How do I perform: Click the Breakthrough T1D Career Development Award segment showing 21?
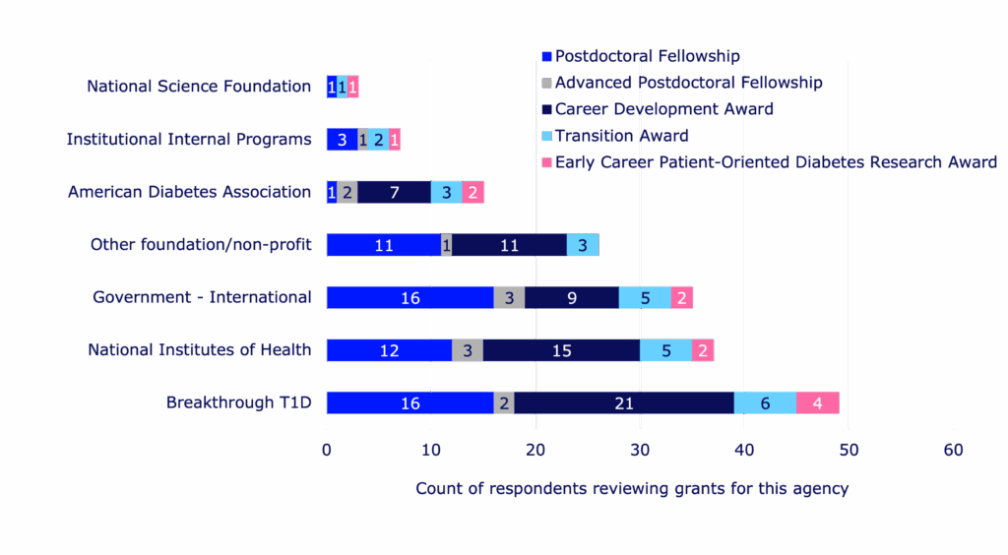(x=623, y=402)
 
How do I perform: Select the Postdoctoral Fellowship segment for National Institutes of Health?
(x=389, y=350)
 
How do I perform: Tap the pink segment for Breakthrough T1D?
(x=817, y=402)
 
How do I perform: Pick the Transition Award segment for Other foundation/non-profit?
(x=582, y=245)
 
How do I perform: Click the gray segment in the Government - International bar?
(x=509, y=297)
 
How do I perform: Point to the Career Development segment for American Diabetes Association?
(x=394, y=192)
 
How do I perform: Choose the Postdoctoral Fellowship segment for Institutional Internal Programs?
(x=342, y=140)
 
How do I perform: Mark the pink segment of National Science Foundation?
(x=353, y=87)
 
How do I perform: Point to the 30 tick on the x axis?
(x=640, y=450)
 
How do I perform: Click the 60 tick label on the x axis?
(x=953, y=450)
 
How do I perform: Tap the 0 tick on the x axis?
(x=327, y=450)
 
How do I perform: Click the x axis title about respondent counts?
(x=631, y=488)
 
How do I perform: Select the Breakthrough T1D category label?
(x=238, y=402)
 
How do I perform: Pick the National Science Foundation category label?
(x=199, y=87)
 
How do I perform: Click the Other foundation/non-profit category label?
(x=201, y=245)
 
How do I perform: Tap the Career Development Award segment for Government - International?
(x=571, y=297)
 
